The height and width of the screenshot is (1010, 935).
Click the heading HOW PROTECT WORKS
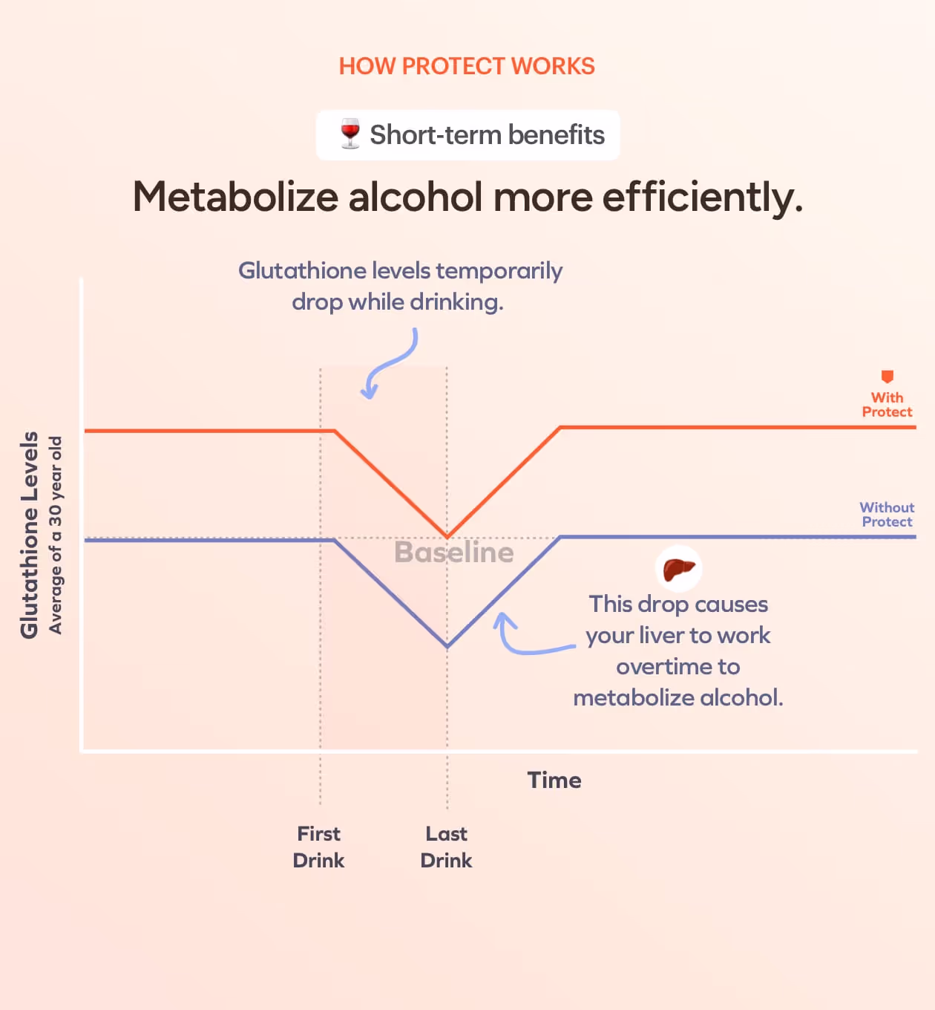point(467,66)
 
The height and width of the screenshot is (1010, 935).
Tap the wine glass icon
point(350,134)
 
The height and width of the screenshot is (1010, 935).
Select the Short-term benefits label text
point(487,135)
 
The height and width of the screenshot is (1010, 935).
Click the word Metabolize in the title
point(235,198)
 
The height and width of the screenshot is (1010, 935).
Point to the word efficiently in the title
point(702,198)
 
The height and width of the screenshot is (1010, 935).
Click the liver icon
point(679,570)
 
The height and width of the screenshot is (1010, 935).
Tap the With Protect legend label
point(887,405)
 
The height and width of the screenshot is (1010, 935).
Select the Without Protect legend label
point(887,515)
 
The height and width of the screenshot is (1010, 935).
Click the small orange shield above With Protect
point(887,377)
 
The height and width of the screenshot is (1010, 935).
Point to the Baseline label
point(453,553)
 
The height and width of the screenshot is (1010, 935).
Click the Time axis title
point(554,780)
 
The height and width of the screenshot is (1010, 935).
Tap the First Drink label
point(319,847)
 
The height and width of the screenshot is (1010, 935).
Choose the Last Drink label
point(446,847)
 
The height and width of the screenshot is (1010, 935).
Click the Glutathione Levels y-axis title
point(29,535)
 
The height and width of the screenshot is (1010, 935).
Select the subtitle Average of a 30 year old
point(56,535)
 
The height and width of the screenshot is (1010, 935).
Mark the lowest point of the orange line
point(447,537)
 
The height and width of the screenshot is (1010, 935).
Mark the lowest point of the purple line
point(447,647)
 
